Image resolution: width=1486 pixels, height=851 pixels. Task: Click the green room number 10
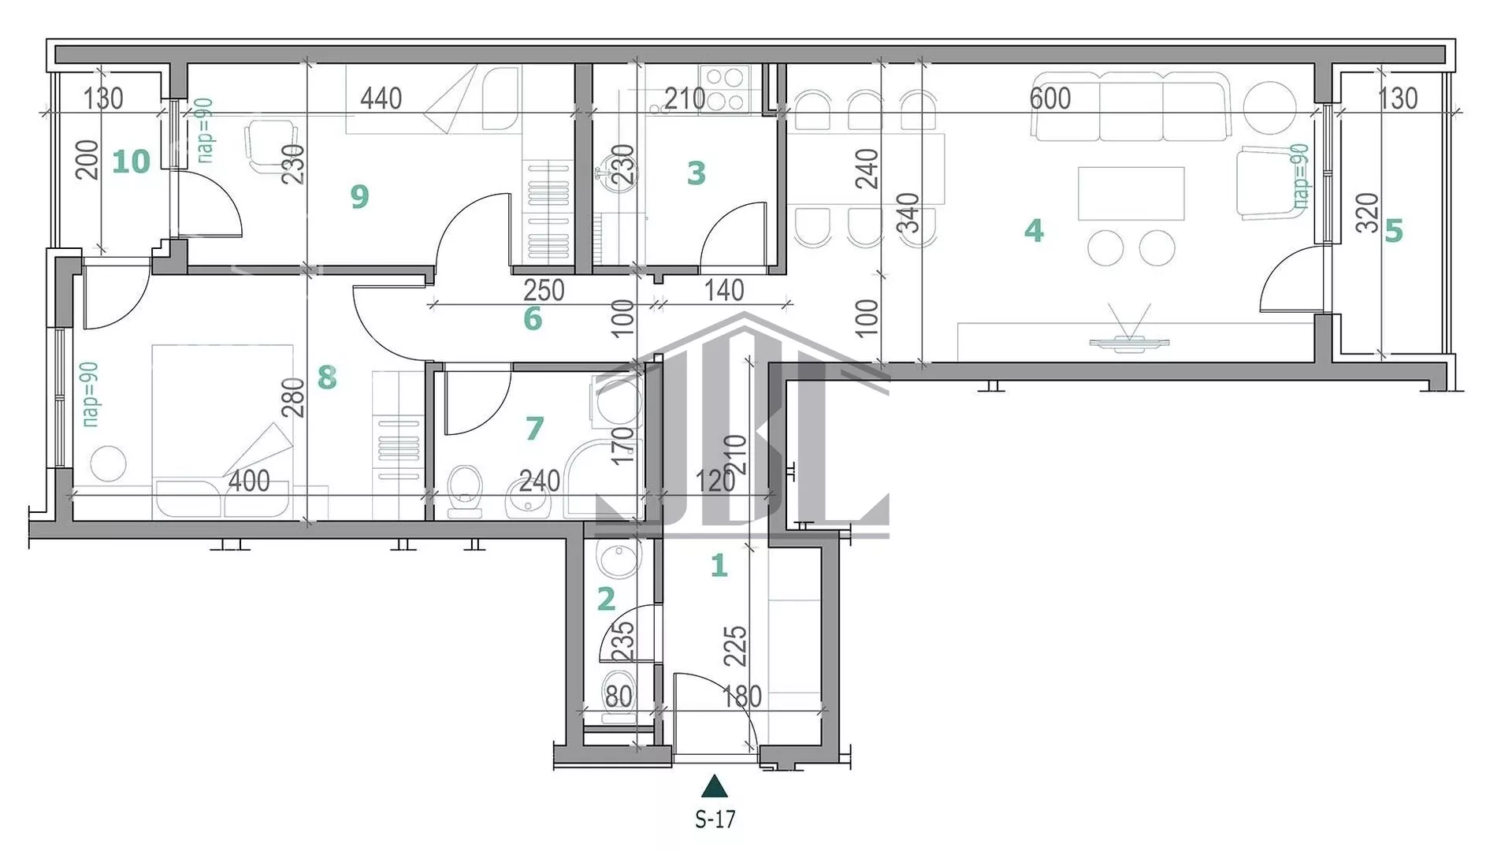[x=131, y=162]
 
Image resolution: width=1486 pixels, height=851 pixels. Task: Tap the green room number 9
[x=359, y=196]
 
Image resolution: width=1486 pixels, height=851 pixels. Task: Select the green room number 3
[x=696, y=173]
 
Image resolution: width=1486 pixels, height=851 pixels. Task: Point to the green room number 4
[x=1034, y=230]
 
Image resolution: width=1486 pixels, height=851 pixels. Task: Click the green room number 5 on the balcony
[x=1393, y=231]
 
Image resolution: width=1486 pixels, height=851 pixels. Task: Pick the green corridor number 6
[x=533, y=318]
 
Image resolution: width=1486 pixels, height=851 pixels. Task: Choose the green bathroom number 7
[x=534, y=428]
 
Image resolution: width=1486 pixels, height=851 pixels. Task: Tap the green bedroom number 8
[x=327, y=377]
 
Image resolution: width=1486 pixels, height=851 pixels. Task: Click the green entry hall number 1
[x=718, y=565]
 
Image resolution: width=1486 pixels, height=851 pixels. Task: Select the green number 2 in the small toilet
[x=605, y=599]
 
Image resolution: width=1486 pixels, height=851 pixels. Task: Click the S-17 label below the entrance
[x=715, y=819]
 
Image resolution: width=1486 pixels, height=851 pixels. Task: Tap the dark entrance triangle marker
[x=715, y=786]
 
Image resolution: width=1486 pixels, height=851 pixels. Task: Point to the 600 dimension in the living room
[x=1049, y=98]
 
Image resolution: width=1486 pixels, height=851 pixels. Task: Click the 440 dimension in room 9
[x=381, y=98]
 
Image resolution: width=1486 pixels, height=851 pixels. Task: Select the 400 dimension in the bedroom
[x=248, y=481]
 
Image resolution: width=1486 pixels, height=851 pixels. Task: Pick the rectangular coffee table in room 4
[x=1131, y=193]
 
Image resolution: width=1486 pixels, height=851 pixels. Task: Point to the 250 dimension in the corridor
[x=544, y=290]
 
